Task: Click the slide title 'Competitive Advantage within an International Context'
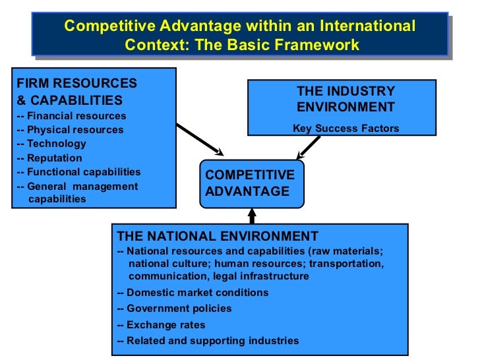(239, 36)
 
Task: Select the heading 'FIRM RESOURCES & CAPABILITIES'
(76, 92)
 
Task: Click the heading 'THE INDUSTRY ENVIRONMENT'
(345, 99)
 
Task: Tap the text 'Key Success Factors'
(345, 129)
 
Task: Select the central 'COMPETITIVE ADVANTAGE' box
(250, 183)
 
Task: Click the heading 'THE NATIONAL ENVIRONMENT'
(217, 236)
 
